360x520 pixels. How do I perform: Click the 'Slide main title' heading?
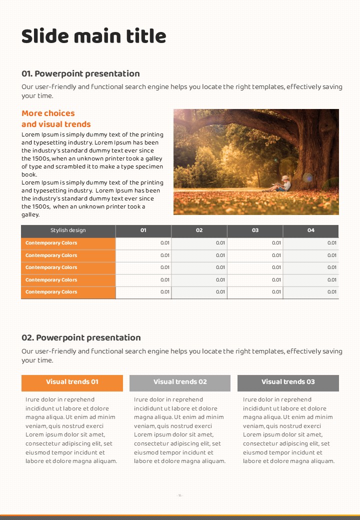click(x=94, y=36)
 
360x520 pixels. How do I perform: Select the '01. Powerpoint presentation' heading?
click(x=80, y=73)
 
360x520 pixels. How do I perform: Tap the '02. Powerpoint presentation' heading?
click(x=81, y=337)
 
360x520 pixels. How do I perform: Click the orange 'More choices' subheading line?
click(x=48, y=113)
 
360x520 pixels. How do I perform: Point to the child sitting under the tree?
click(x=283, y=183)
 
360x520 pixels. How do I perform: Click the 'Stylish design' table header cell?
click(x=68, y=230)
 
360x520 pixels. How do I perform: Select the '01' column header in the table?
click(x=143, y=230)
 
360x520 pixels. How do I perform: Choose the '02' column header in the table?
click(x=199, y=230)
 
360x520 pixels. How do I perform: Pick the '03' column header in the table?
click(x=255, y=230)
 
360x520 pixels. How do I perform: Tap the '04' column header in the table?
click(x=311, y=230)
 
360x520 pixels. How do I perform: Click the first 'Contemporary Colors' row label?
click(x=51, y=243)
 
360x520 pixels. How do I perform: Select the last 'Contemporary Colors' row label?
click(x=51, y=292)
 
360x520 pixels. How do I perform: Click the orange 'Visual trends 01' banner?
click(x=72, y=382)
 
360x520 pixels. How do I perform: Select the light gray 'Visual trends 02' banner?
click(x=180, y=382)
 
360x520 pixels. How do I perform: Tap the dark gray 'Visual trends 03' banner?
click(x=288, y=382)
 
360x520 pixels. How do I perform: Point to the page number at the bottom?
click(x=180, y=495)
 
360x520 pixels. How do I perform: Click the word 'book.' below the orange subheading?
click(x=29, y=174)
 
